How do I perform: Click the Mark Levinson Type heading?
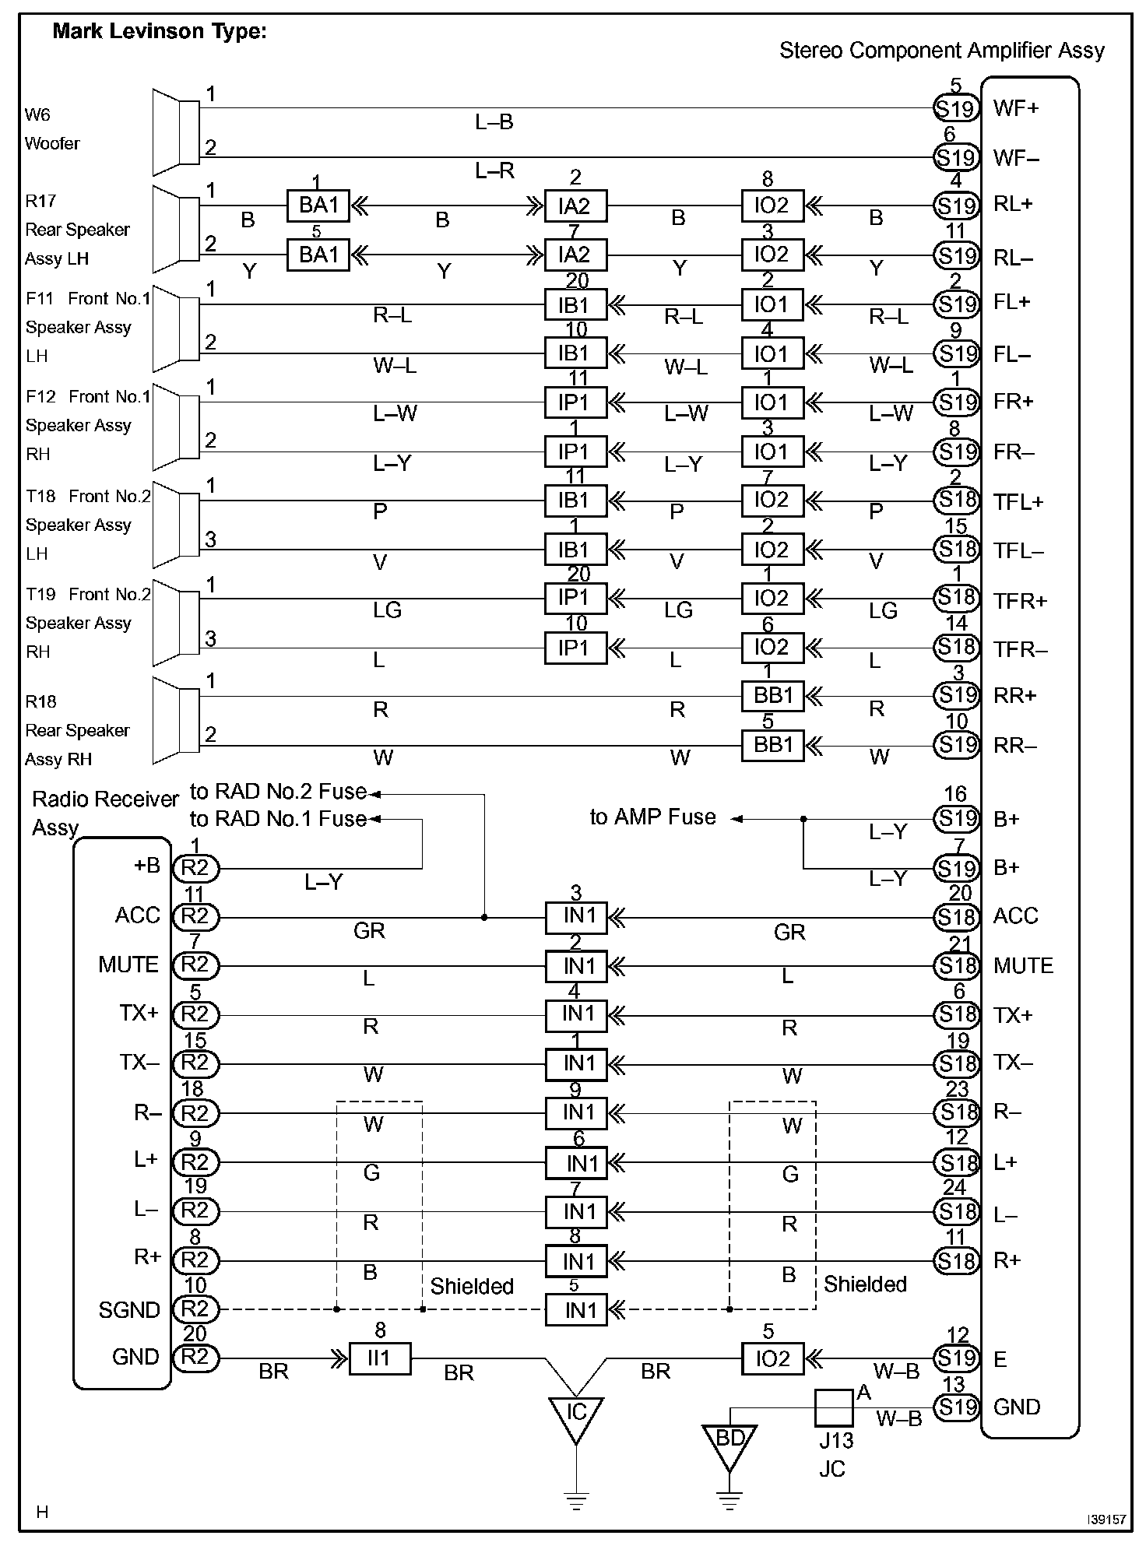point(159,32)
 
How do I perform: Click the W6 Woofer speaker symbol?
point(176,132)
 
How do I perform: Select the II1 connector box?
point(380,1358)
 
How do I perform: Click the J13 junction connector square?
point(834,1407)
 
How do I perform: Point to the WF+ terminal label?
point(1016,108)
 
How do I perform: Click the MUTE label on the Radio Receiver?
point(128,965)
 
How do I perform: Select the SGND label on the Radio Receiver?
point(128,1310)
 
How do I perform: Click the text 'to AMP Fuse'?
point(652,817)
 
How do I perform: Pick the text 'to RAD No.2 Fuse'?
point(278,792)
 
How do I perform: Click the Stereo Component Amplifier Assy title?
point(941,51)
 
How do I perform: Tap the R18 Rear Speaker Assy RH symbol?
point(176,720)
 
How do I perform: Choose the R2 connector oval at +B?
point(195,868)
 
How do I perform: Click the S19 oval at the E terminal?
point(956,1358)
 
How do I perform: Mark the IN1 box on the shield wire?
point(575,1310)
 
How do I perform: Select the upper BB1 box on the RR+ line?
point(772,695)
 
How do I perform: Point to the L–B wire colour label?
point(494,122)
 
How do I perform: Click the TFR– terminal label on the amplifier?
point(1020,650)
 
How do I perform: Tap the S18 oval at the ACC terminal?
point(956,917)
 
